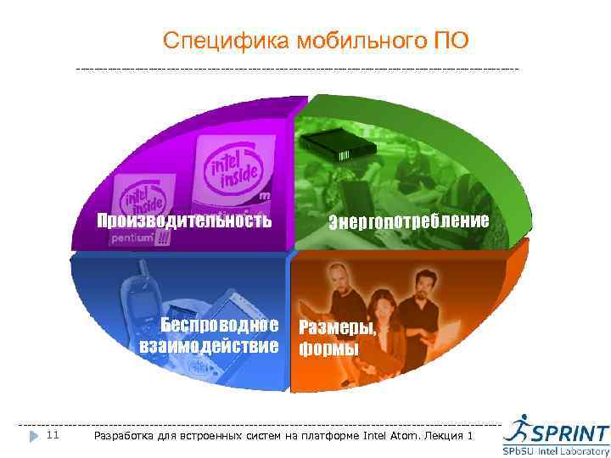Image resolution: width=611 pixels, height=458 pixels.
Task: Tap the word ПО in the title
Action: click(x=450, y=40)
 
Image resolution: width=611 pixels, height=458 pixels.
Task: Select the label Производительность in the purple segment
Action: click(x=184, y=221)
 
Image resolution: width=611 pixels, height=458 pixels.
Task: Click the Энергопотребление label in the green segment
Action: click(x=409, y=222)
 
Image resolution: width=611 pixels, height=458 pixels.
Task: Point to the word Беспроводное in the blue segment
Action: click(x=220, y=327)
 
